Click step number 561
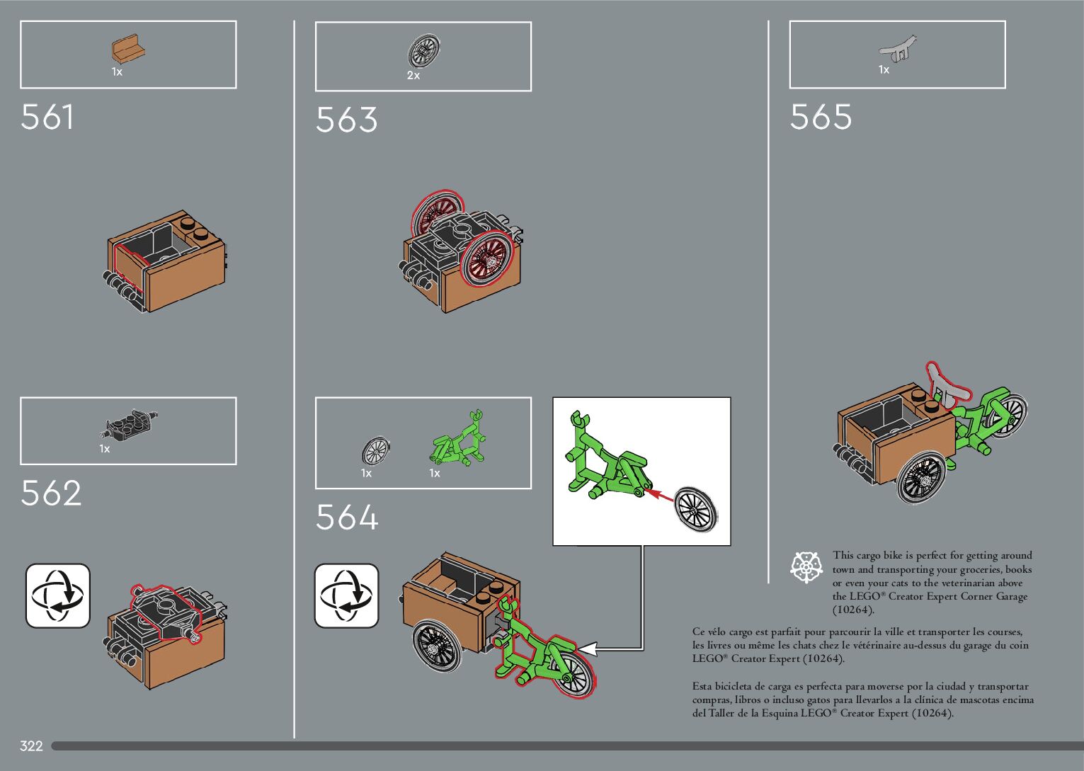(x=47, y=117)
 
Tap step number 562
(x=51, y=493)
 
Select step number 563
(x=346, y=120)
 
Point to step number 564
(x=347, y=518)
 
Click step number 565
(x=821, y=117)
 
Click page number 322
(x=32, y=746)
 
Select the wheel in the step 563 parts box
(x=424, y=52)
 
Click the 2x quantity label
(x=413, y=75)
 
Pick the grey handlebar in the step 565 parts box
(x=898, y=49)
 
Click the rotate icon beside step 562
(x=58, y=595)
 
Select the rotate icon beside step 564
(x=346, y=595)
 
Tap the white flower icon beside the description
(x=805, y=567)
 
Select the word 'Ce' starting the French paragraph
(x=700, y=632)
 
